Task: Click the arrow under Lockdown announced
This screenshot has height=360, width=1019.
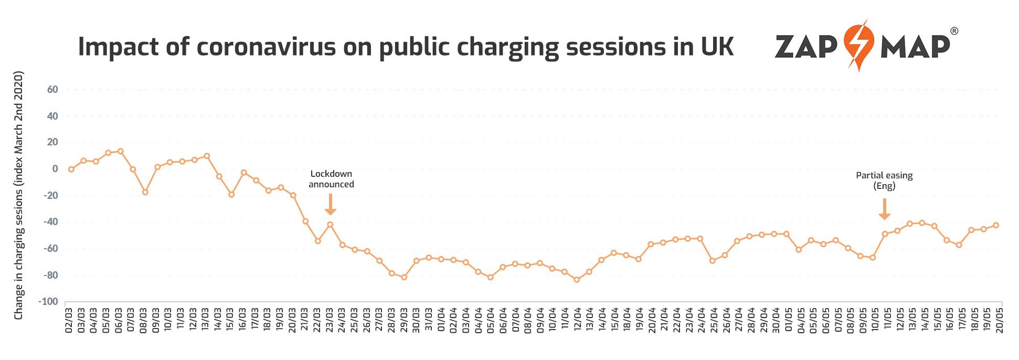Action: point(330,205)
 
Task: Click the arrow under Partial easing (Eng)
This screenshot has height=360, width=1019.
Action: point(885,209)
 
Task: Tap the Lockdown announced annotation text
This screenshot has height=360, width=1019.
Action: point(331,179)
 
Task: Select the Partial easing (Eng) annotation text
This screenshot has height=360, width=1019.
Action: point(884,181)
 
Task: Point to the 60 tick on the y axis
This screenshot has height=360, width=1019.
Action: point(52,90)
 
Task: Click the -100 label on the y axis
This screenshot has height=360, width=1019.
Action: point(48,302)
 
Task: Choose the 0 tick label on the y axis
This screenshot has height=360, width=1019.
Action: point(55,169)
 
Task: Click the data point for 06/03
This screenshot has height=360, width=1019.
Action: point(120,151)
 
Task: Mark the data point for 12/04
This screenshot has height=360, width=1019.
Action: point(577,280)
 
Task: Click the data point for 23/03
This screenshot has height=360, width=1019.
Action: point(330,225)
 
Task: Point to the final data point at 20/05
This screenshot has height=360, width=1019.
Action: point(996,225)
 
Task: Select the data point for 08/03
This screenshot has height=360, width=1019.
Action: point(145,192)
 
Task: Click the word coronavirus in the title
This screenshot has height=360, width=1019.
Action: point(266,47)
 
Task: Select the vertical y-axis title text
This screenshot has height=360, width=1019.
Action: point(19,197)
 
